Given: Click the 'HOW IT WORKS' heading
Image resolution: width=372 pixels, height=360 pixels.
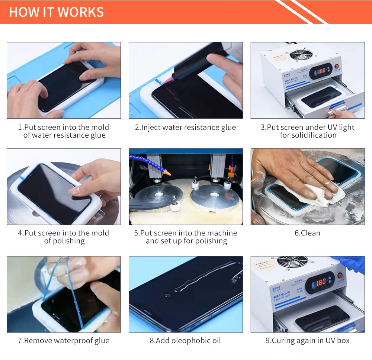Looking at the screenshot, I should (x=56, y=12).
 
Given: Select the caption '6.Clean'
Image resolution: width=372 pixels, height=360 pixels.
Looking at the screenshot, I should (x=307, y=233).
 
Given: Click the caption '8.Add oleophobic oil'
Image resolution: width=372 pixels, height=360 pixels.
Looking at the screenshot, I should (x=185, y=341).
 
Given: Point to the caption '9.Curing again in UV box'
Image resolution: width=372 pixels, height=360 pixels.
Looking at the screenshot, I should (x=307, y=341).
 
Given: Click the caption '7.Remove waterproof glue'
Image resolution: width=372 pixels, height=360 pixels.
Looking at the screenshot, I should (x=64, y=341).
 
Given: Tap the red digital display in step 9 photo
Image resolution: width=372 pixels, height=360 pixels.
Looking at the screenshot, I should (x=321, y=283).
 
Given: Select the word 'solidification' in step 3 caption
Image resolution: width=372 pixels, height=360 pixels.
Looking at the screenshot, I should (x=308, y=135).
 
